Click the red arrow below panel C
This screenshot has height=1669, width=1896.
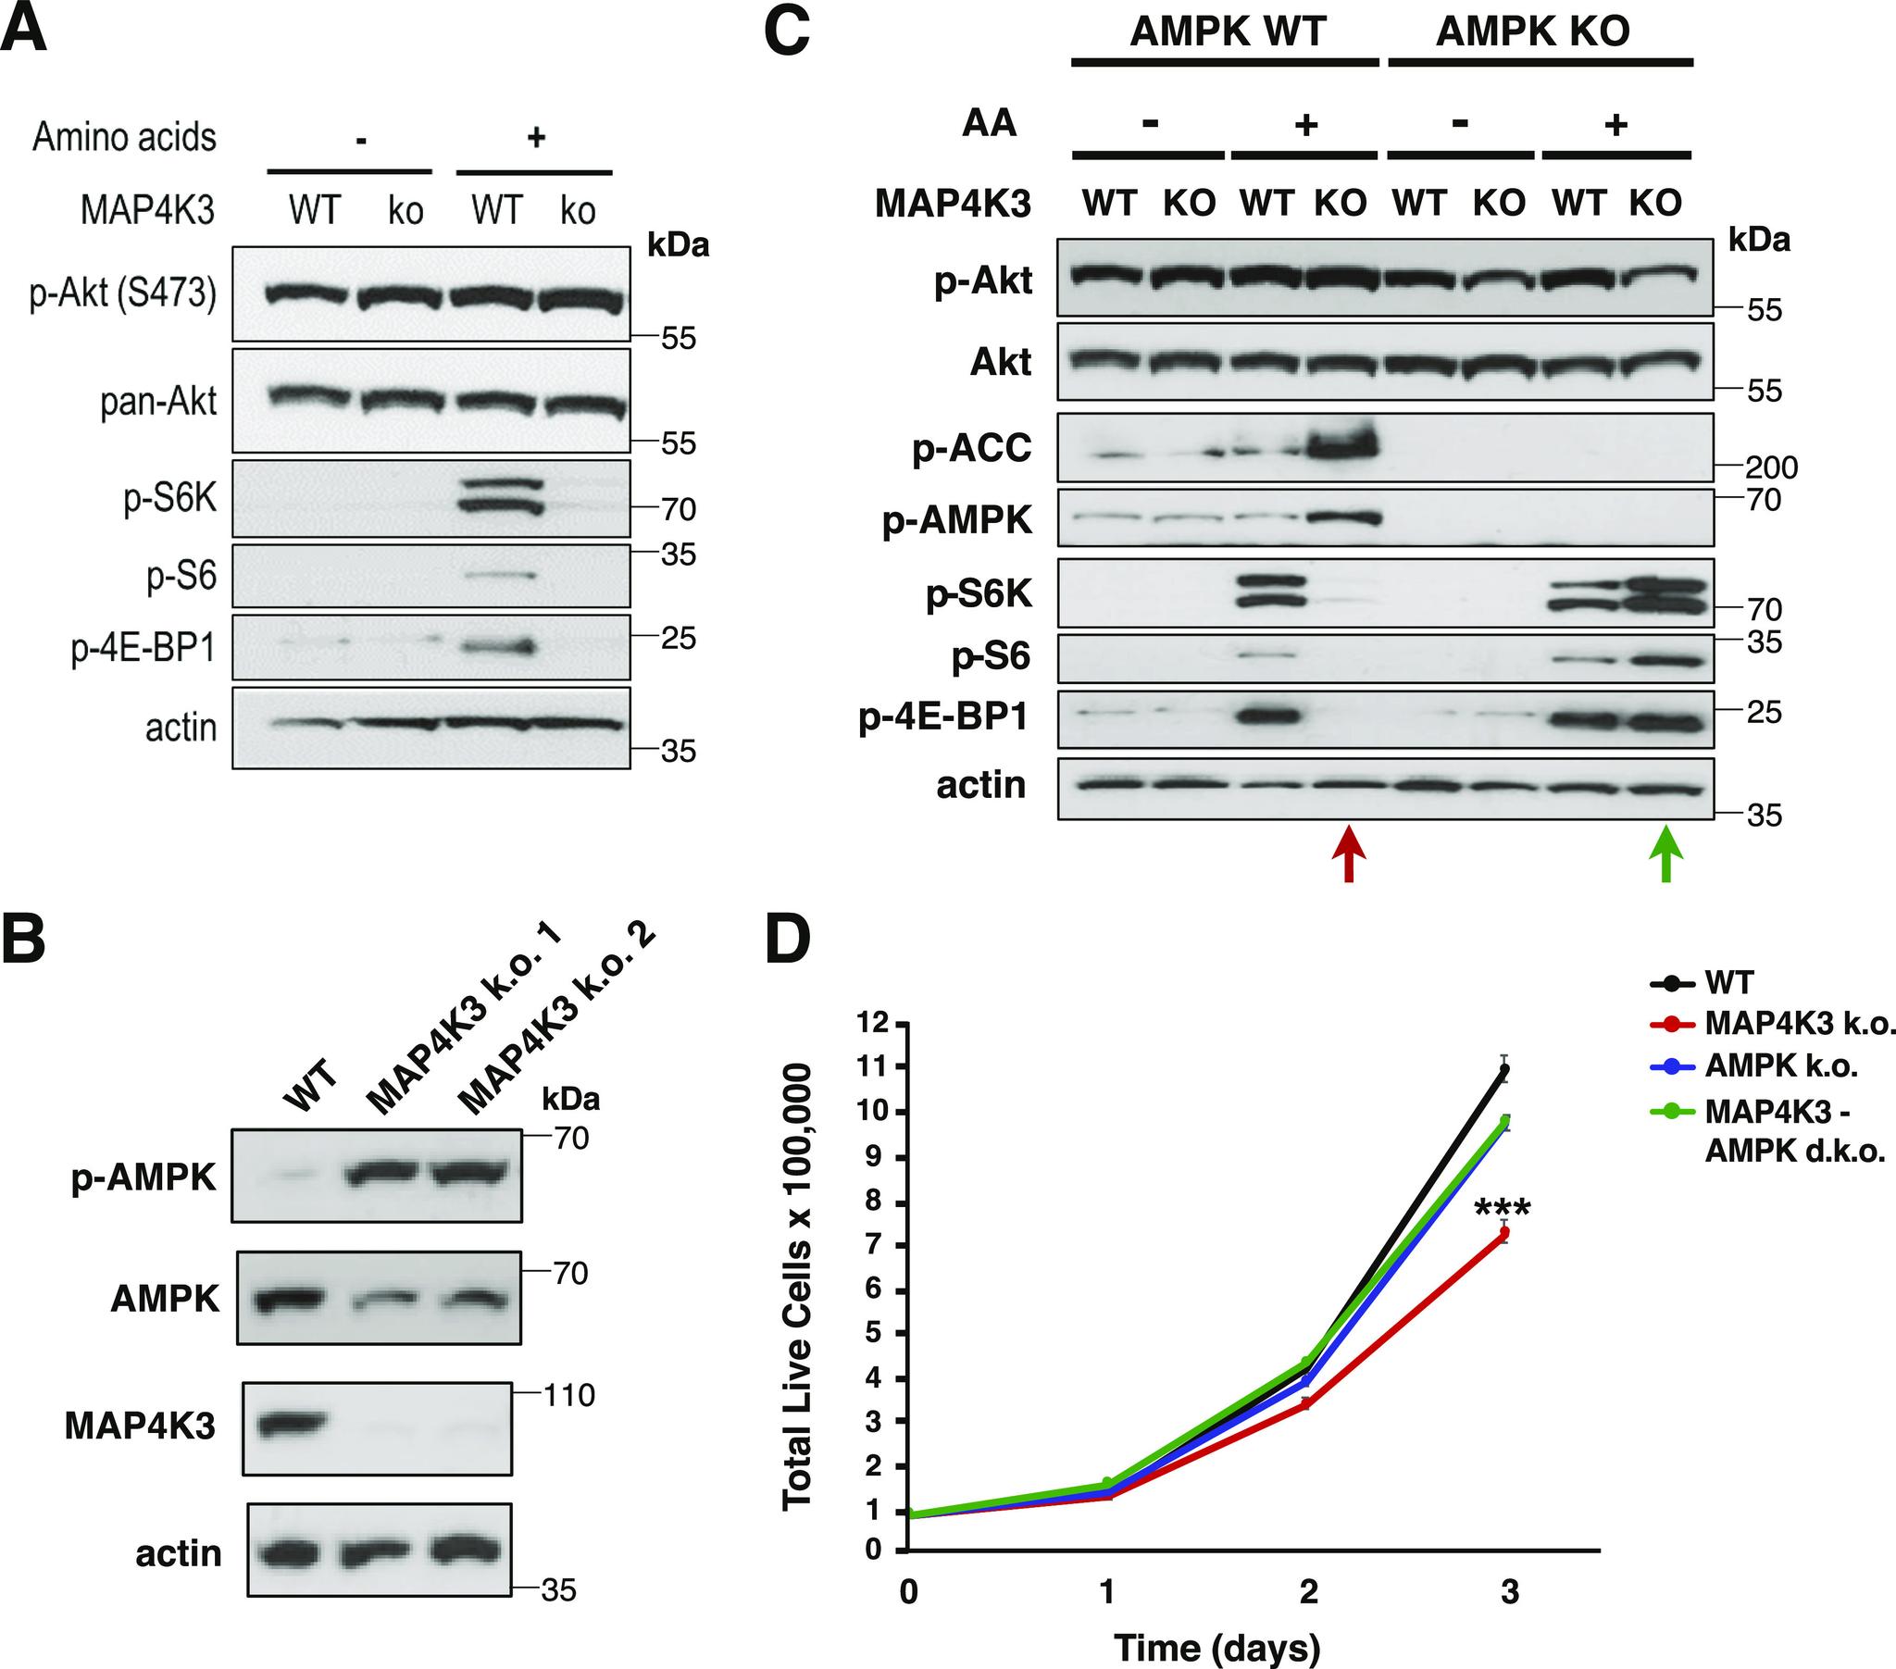coord(1349,854)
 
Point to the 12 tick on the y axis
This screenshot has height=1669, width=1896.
coord(874,1023)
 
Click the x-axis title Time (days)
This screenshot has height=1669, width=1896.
coord(1216,1648)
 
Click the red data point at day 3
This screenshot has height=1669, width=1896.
coord(1504,1233)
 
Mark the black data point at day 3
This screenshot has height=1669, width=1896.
coord(1504,1071)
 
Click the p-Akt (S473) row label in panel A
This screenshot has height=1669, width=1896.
coord(123,294)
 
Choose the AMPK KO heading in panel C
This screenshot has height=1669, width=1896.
coord(1532,31)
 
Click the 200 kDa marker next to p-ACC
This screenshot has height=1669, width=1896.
coord(1770,467)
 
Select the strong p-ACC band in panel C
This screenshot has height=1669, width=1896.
coord(1341,447)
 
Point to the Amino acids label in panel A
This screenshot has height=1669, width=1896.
coord(124,137)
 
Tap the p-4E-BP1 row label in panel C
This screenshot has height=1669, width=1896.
coord(943,717)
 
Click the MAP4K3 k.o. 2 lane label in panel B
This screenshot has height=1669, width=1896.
coord(556,1020)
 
